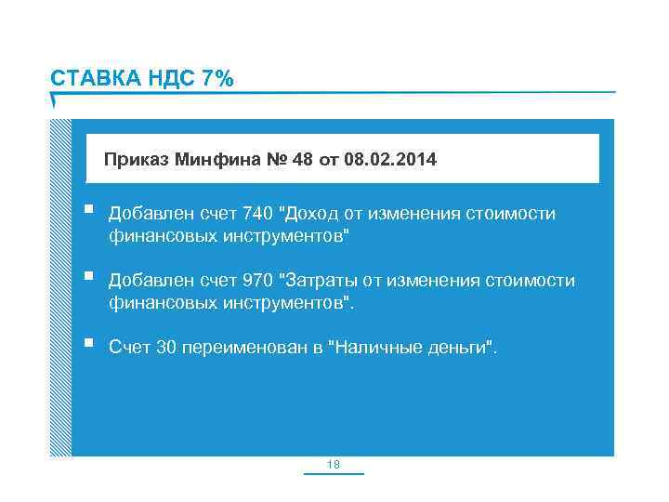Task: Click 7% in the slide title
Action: point(214,79)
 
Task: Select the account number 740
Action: point(256,215)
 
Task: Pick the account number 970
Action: point(256,281)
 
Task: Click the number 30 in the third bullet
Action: point(165,348)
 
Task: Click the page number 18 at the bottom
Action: point(334,463)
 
